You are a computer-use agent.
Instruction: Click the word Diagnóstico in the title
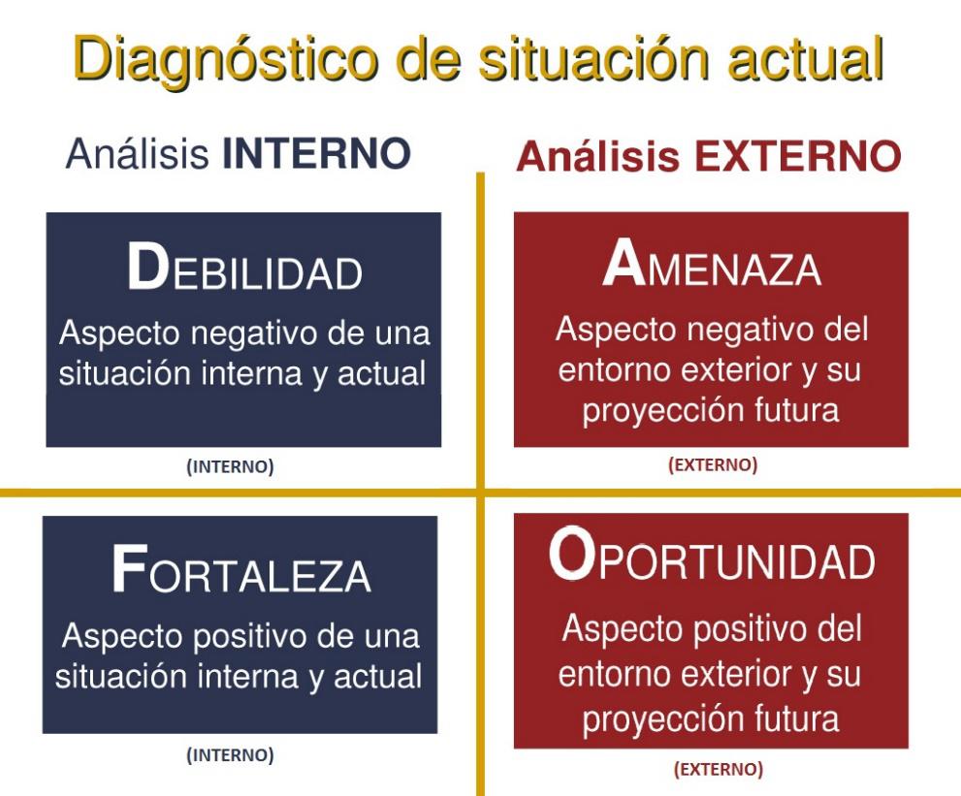(x=225, y=59)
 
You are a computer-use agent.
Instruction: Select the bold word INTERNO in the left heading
(x=316, y=153)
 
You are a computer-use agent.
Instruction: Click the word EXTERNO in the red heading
(x=797, y=156)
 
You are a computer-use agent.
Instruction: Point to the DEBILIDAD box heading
(x=244, y=268)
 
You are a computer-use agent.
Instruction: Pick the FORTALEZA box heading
(x=241, y=569)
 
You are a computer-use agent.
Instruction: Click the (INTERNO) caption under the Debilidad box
(x=231, y=467)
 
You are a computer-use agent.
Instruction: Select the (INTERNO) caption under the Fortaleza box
(x=231, y=755)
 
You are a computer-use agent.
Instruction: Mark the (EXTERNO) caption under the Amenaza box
(x=713, y=464)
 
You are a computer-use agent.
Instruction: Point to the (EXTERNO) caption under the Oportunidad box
(x=719, y=769)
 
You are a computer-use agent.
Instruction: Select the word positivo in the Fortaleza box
(x=251, y=637)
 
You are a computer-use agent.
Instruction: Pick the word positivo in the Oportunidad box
(x=751, y=630)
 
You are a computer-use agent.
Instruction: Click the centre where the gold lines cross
(x=481, y=493)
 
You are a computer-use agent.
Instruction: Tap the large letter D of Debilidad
(x=147, y=267)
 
